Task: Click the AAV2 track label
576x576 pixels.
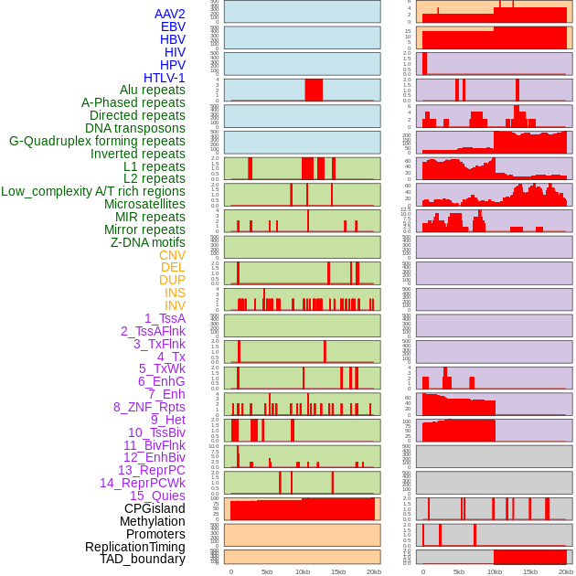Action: pos(170,14)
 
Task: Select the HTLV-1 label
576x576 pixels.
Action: pos(165,78)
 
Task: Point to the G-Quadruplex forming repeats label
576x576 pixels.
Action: pos(97,141)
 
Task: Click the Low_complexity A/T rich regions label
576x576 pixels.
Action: pos(93,191)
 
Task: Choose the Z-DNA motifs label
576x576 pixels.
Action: pos(148,242)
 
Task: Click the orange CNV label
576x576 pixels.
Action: pos(172,255)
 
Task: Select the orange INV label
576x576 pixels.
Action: pos(175,305)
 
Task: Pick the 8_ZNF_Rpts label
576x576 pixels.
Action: pos(149,407)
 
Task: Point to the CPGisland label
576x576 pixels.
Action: pos(155,508)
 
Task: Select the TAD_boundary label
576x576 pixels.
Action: pos(143,559)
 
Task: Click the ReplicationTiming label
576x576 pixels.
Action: pos(134,547)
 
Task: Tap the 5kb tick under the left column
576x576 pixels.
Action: pos(267,571)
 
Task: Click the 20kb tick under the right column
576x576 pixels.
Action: pos(566,571)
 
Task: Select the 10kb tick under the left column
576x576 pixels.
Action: pos(303,571)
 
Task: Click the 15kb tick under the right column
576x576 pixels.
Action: pos(530,571)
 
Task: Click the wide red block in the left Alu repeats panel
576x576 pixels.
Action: pos(314,90)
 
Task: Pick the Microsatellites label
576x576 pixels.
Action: pos(144,204)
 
